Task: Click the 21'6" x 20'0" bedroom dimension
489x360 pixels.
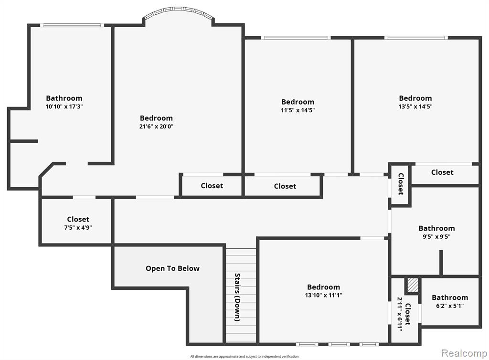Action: coord(156,127)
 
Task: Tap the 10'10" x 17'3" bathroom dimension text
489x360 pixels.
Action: coord(64,106)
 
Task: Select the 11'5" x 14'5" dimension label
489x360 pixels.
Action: coord(298,110)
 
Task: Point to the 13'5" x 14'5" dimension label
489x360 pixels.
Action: coord(415,106)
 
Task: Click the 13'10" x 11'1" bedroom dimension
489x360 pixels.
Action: coord(324,295)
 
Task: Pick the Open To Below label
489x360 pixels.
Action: coord(172,268)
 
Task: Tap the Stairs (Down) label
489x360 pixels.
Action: coord(238,297)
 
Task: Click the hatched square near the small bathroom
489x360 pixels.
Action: coord(413,285)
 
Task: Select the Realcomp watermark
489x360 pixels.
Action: coord(464,353)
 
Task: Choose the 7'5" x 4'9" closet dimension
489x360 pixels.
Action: coord(78,228)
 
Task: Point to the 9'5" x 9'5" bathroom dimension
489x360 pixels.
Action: coord(436,237)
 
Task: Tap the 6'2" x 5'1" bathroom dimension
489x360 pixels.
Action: coord(450,306)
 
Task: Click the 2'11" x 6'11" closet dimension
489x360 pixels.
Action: coord(400,314)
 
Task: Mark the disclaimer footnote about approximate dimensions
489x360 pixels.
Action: coord(244,357)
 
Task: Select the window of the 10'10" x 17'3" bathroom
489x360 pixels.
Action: coord(73,25)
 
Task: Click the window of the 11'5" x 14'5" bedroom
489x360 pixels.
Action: coord(296,38)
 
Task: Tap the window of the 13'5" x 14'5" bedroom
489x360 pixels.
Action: coord(416,38)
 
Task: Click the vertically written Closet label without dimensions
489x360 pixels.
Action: coord(401,184)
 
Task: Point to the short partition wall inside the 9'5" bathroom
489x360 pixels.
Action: coord(441,263)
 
